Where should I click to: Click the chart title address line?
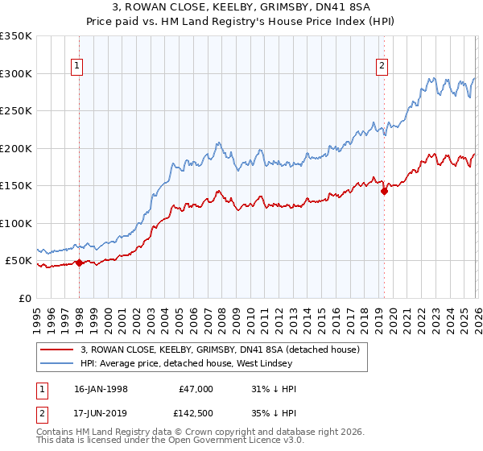click(241, 8)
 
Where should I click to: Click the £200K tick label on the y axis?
click(15, 148)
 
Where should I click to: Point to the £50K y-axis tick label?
click(18, 261)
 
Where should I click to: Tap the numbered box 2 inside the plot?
click(381, 67)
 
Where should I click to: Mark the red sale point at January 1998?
click(80, 263)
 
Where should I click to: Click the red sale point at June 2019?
click(384, 191)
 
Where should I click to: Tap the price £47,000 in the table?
click(195, 389)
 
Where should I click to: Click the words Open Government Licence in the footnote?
click(220, 441)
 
